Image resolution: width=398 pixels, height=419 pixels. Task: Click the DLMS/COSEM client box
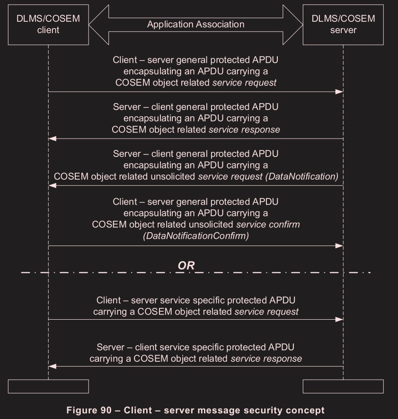pos(48,24)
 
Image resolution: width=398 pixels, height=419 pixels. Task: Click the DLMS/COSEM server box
pos(343,24)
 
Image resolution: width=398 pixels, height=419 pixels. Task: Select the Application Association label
pos(195,24)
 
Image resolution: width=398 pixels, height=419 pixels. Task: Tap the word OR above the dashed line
pos(186,265)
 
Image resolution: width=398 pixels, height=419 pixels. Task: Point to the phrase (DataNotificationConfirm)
pos(195,236)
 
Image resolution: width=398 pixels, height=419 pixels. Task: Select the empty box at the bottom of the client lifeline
pos(48,386)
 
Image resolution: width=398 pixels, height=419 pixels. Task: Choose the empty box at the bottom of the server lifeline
pos(343,386)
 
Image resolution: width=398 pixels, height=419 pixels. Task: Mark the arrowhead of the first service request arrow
pos(339,91)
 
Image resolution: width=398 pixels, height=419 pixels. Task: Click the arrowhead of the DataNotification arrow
pos(53,185)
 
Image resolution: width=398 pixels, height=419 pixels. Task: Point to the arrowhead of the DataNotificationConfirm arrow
pos(339,245)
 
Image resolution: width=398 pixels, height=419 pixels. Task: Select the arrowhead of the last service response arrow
pos(53,366)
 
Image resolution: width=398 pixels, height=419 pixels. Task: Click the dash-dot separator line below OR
pos(284,272)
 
